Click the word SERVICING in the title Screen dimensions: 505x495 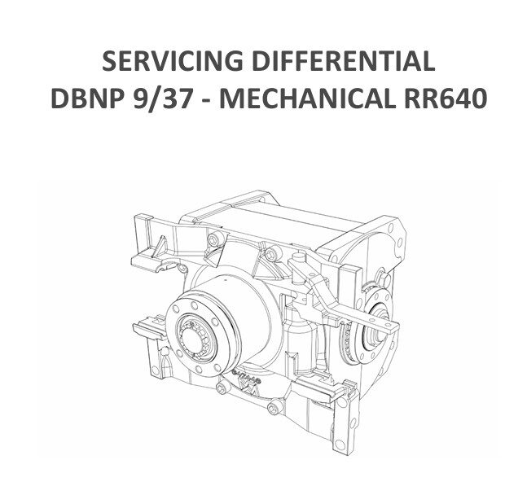click(172, 60)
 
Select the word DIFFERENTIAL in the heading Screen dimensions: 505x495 click(344, 60)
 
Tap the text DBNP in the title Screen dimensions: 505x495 click(87, 98)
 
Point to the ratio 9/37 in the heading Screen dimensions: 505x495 click(161, 98)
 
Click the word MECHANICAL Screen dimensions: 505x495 click(307, 98)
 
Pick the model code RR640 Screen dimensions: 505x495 click(445, 98)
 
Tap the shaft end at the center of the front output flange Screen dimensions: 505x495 click(192, 339)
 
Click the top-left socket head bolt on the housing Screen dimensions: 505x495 click(214, 239)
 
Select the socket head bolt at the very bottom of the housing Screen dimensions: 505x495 click(274, 407)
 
